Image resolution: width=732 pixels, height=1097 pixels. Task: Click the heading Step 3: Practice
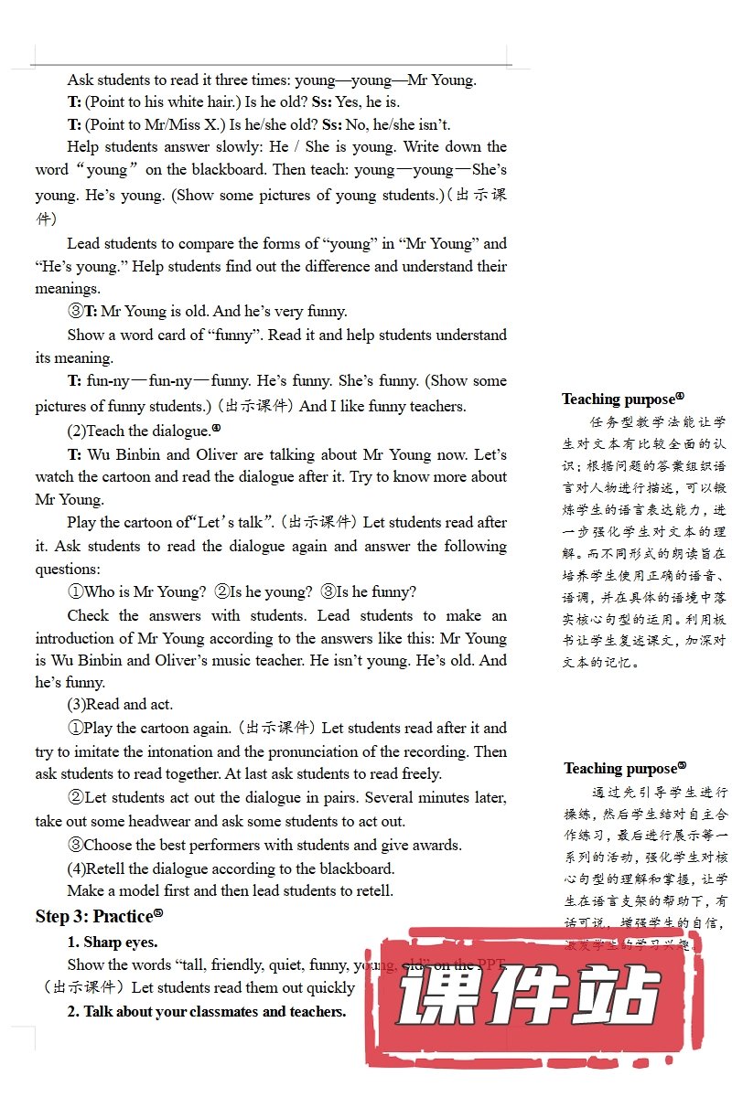99,915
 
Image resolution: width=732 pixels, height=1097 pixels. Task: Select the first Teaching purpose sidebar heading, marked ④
622,399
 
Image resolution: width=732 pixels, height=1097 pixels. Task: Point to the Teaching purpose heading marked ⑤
624,768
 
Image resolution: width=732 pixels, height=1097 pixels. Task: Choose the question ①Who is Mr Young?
137,591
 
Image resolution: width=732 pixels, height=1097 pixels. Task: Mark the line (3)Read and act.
120,704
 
